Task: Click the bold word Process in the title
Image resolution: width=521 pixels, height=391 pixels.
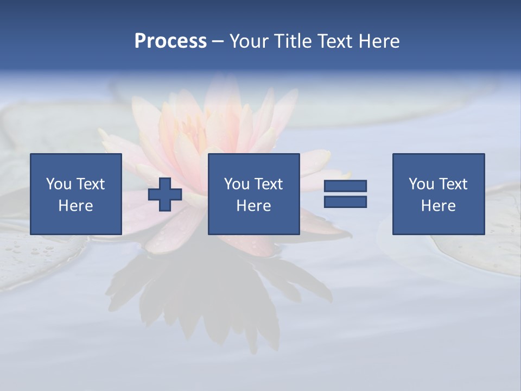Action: pos(170,41)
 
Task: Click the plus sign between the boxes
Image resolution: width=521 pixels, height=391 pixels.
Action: pos(165,194)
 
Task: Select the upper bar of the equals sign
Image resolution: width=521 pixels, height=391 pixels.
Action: pos(345,186)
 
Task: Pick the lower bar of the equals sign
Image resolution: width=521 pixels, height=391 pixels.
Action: pos(345,202)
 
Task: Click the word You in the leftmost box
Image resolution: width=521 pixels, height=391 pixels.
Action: pos(59,184)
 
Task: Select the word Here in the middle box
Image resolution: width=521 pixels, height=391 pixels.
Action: pos(254,206)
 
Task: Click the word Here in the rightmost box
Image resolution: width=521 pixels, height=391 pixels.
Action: pos(439,206)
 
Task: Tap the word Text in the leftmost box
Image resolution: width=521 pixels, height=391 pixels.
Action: pos(90,184)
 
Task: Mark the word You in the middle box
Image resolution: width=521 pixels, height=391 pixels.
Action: pos(237,184)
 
